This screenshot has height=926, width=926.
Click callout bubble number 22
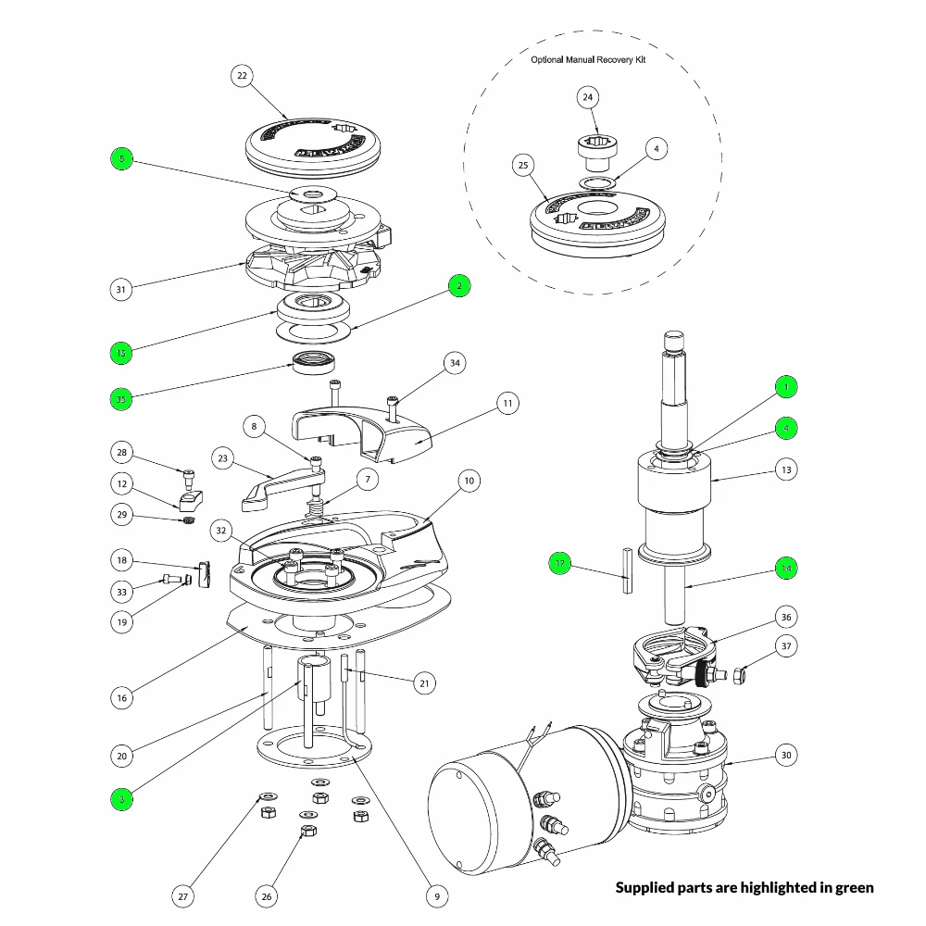pos(243,77)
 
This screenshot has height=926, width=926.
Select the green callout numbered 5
pos(120,159)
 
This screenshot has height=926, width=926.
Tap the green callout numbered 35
pos(120,399)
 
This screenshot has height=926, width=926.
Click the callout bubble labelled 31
pos(120,290)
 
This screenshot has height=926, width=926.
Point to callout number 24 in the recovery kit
pos(589,97)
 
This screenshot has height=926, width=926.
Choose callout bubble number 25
pos(523,166)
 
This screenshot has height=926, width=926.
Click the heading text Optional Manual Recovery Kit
pos(588,59)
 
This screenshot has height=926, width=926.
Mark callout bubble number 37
pos(785,646)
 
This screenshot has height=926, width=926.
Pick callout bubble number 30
pos(785,756)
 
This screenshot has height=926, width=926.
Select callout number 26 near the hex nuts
pos(267,895)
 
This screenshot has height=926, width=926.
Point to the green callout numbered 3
pos(120,797)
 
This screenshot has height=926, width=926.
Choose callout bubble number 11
pos(507,403)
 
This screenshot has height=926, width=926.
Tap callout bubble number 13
pos(785,470)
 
